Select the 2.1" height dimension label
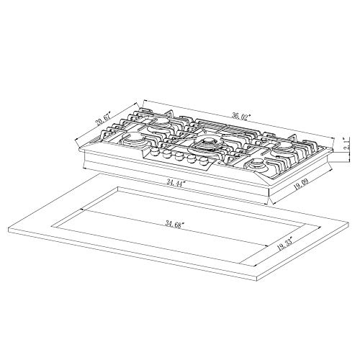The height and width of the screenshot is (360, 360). (346, 148)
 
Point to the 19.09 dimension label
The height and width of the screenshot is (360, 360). (309, 188)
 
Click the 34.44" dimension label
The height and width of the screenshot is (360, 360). (174, 184)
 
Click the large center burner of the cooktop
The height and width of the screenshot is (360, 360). (212, 145)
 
